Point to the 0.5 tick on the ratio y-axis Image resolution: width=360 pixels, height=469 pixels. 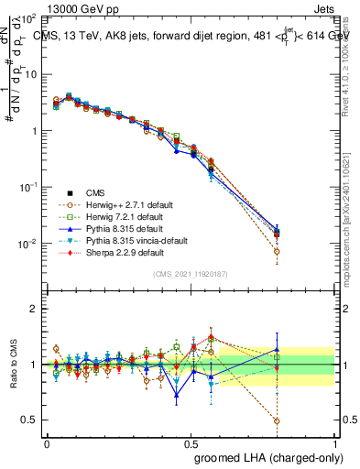click(33, 420)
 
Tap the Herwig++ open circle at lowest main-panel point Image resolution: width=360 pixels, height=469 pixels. click(277, 251)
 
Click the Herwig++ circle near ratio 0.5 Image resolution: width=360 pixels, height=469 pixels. click(277, 421)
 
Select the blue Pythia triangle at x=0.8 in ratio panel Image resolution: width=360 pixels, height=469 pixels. click(277, 349)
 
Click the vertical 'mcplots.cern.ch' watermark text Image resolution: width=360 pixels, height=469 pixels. click(352, 229)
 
